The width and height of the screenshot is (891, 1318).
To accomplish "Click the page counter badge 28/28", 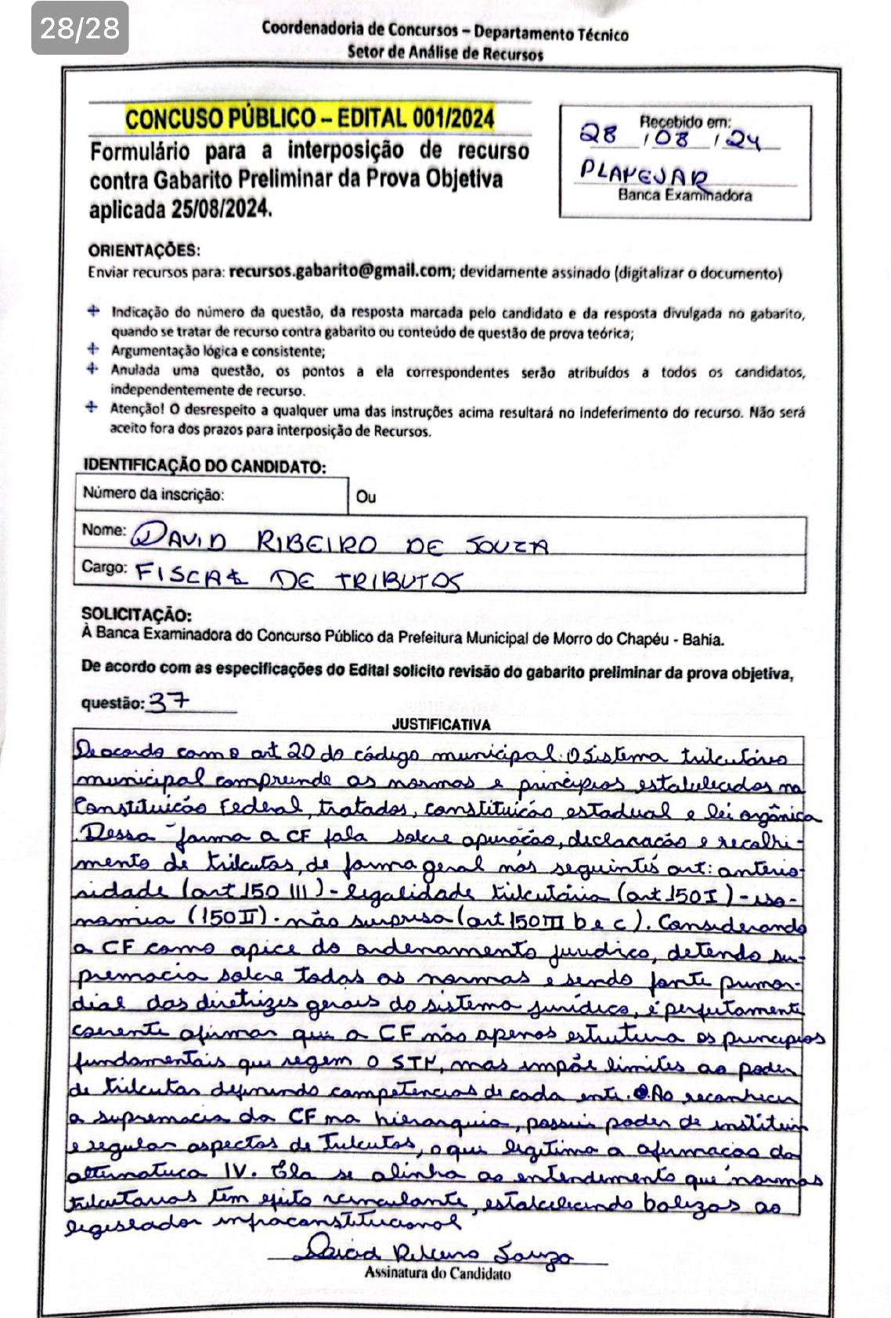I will click(x=80, y=29).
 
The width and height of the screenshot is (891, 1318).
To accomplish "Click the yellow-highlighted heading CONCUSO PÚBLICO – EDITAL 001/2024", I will click(x=310, y=119).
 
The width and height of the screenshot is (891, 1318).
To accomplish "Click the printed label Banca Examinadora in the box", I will click(x=685, y=196).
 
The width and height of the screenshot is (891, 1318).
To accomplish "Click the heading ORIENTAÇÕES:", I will click(x=144, y=250).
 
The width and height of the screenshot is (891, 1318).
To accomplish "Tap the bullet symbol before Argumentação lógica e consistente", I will click(x=93, y=350).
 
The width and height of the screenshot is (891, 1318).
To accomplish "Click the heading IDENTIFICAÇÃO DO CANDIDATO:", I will click(x=204, y=466).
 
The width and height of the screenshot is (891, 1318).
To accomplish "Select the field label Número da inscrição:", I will click(x=153, y=494).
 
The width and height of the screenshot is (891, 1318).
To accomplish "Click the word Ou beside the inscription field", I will click(x=366, y=496).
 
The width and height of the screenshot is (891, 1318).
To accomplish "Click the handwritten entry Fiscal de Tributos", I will click(x=298, y=578).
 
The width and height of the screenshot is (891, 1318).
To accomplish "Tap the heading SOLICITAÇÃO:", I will click(x=136, y=615).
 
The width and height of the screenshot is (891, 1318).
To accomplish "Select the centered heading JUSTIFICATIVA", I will click(x=441, y=725).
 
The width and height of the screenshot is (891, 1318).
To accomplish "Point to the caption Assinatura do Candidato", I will click(x=438, y=1273).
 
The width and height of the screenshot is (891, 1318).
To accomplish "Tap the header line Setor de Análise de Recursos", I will click(x=445, y=53).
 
